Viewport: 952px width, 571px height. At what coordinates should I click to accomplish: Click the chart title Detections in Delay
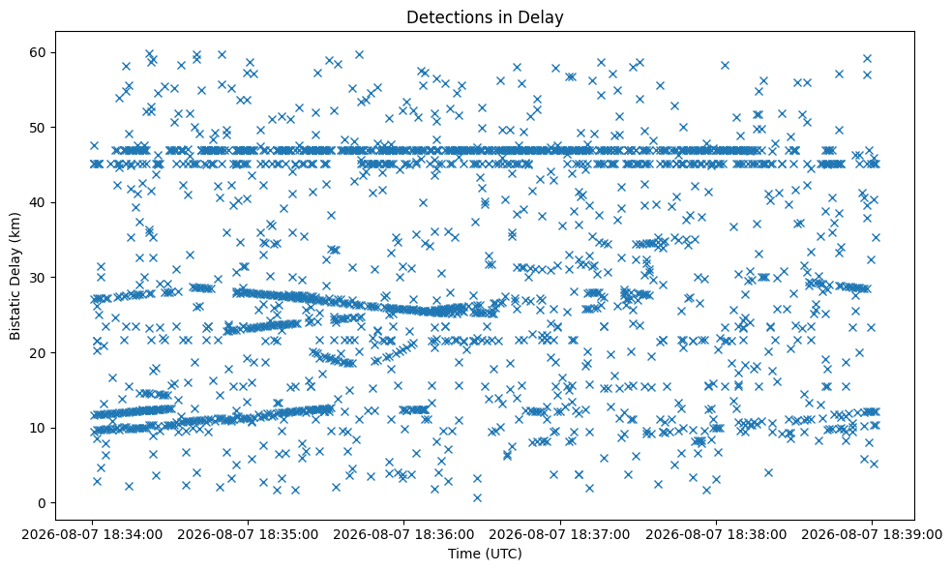[485, 17]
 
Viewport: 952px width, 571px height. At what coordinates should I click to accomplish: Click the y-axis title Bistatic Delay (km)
[15, 277]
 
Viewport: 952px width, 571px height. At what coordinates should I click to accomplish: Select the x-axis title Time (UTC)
[485, 554]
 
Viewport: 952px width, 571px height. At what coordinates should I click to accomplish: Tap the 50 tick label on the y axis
[39, 128]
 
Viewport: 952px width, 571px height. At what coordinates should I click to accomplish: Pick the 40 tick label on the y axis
[39, 203]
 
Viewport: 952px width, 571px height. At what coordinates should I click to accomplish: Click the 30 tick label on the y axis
[39, 278]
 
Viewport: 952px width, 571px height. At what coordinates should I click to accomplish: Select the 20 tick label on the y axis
[39, 353]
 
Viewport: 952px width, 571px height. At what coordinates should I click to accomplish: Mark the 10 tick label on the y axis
[39, 428]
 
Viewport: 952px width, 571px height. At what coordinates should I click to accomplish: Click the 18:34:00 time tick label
[92, 535]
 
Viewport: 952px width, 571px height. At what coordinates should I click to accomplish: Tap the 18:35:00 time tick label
[248, 535]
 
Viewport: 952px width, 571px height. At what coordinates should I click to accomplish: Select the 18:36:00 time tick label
[403, 535]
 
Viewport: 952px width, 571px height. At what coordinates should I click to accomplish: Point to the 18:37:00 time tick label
[560, 535]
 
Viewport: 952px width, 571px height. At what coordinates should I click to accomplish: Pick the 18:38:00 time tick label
[716, 535]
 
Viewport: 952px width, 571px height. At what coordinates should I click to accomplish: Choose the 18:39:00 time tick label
[872, 535]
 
